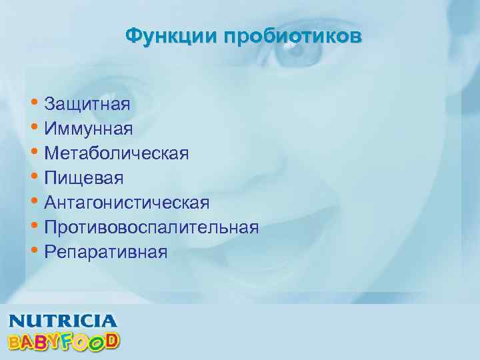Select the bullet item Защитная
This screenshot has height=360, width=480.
(x=87, y=104)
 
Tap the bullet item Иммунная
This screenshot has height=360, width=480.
(x=88, y=129)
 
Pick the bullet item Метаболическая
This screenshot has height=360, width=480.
(x=117, y=153)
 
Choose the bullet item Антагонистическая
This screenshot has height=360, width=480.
(x=127, y=203)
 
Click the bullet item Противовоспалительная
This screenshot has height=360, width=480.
(x=151, y=227)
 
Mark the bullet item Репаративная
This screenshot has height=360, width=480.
(x=106, y=252)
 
